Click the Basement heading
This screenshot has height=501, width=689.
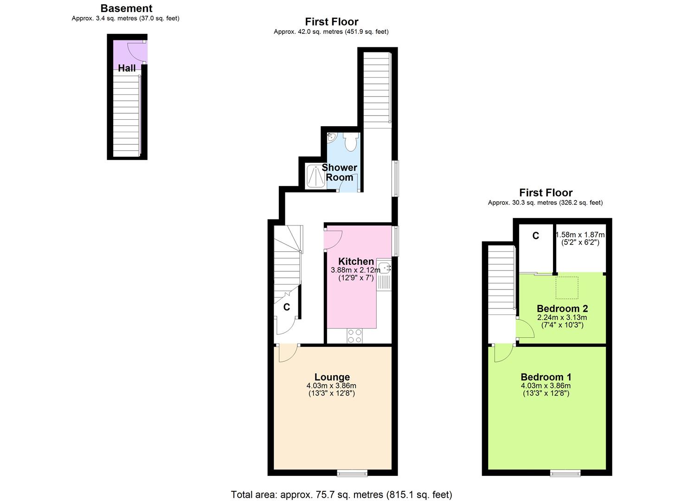tap(126, 8)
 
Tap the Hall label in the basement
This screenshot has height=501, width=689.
tap(127, 68)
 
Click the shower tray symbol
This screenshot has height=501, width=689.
tap(316, 176)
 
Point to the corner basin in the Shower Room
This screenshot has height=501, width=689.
tap(331, 137)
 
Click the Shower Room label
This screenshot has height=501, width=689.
tap(340, 172)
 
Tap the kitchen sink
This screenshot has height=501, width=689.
tap(384, 268)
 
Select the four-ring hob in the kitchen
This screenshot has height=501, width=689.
tap(355, 335)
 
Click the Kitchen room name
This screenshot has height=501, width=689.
tap(356, 261)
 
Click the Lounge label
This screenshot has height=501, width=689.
tap(332, 377)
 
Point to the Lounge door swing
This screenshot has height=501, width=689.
tap(287, 354)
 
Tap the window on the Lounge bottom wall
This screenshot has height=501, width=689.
tap(352, 473)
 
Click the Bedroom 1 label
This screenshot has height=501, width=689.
tap(546, 377)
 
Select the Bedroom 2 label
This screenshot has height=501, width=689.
tap(562, 308)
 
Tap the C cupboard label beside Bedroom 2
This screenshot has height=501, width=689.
tap(535, 236)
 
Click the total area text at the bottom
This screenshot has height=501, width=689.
tap(341, 495)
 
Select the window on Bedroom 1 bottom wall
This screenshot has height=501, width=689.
tap(565, 473)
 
